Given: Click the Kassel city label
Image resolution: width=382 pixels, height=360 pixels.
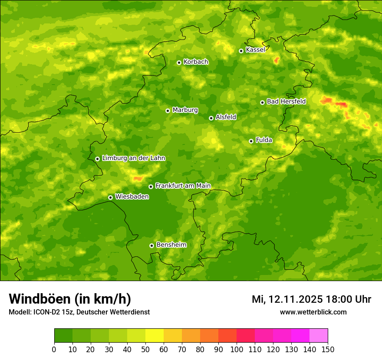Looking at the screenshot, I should point(255,50).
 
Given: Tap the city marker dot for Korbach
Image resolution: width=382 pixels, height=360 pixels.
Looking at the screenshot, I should point(179,62).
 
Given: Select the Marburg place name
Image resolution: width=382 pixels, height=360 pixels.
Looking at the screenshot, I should point(185,110).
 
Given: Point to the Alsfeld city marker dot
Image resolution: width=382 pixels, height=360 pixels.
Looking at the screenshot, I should point(211,118).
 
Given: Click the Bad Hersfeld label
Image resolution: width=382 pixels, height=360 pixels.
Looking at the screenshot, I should point(286,101).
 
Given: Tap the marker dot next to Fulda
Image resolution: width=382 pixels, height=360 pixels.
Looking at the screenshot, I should point(251,141).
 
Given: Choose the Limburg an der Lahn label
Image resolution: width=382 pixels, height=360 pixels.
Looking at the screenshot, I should point(133,158).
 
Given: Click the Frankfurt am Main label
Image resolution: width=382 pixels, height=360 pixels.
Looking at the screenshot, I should point(183,186).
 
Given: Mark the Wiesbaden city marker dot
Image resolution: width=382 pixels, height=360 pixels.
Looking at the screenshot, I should point(110,197).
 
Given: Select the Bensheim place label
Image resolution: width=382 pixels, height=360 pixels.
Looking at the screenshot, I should point(171,245).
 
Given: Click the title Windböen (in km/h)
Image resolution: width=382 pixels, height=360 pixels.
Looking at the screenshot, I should point(70,299).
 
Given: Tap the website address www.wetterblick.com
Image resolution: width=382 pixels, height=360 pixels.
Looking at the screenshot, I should point(313,312).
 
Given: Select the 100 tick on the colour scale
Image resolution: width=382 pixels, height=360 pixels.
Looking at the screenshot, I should point(237,349).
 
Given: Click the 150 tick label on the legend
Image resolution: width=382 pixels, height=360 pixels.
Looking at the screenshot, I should point(328,349).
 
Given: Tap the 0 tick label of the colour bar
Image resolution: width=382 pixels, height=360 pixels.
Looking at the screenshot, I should point(54,349).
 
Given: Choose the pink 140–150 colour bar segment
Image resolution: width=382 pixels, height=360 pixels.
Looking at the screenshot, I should point(319,336).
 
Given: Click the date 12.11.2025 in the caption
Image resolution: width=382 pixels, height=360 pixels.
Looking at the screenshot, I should point(295,299).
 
